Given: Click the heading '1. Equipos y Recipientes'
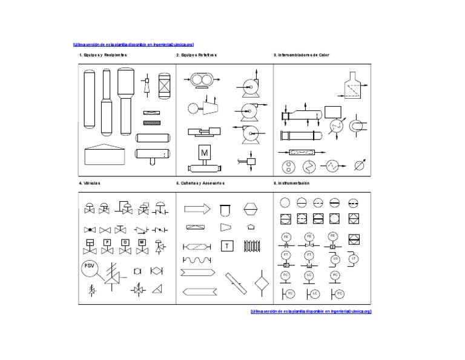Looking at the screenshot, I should [103, 55].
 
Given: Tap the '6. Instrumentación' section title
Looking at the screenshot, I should [291, 182].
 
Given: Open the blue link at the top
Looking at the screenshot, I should [133, 44].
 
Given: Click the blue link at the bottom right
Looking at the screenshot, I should [311, 311].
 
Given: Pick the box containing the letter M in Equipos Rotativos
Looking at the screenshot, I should [204, 153].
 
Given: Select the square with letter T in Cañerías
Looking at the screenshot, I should [226, 245].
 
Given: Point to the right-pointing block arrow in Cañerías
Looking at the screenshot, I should [197, 208].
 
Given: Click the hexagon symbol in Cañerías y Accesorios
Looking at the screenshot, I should [251, 208].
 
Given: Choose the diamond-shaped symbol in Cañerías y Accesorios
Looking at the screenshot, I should [261, 284].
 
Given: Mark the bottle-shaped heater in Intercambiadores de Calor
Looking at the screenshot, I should [349, 87].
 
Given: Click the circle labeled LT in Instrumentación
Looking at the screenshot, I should [354, 259].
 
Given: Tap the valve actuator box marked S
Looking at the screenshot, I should [125, 242].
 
